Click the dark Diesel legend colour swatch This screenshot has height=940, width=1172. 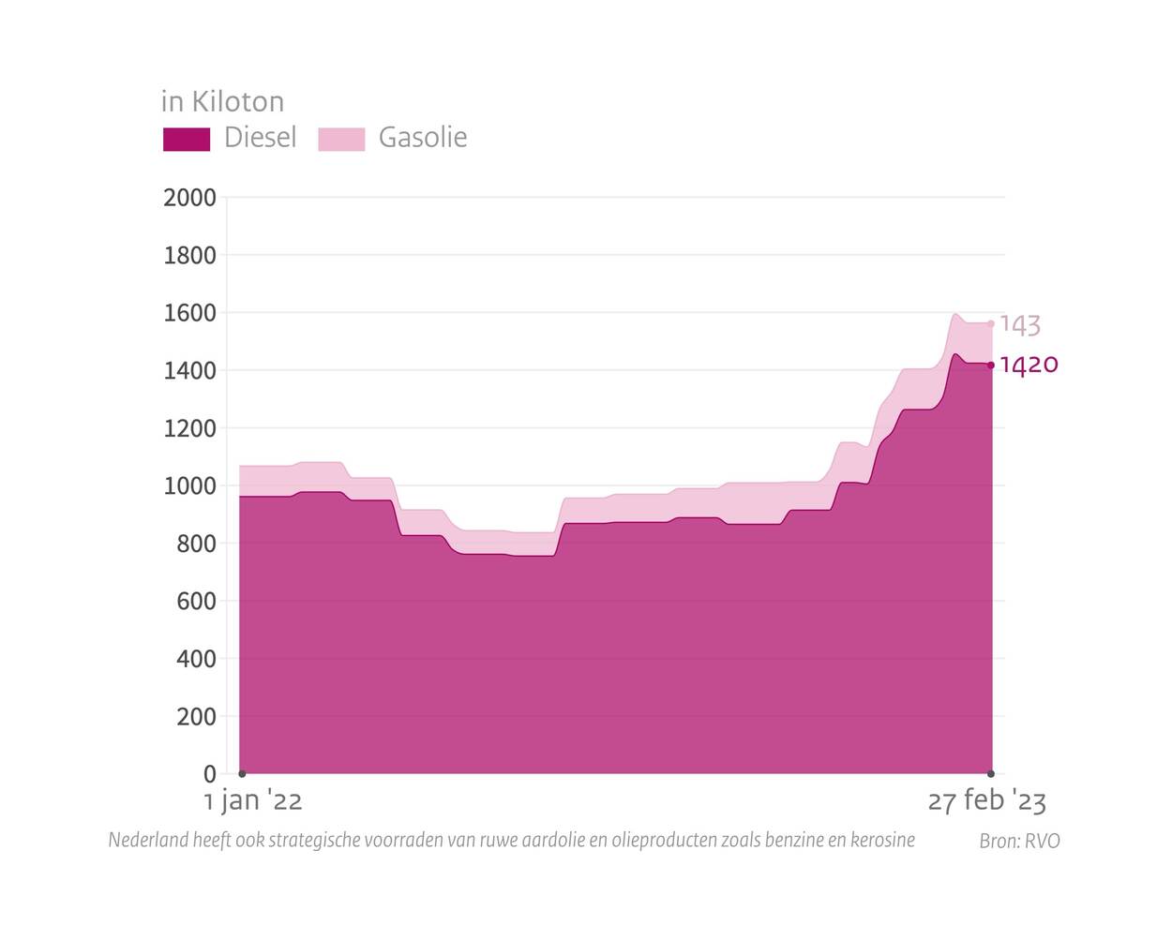pyautogui.click(x=187, y=139)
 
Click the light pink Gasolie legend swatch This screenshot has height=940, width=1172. pyautogui.click(x=341, y=139)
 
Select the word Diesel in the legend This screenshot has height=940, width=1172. pyautogui.click(x=260, y=138)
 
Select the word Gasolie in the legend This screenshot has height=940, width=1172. pyautogui.click(x=422, y=138)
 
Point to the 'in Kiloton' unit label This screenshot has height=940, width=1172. pyautogui.click(x=222, y=101)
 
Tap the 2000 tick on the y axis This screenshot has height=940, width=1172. pyautogui.click(x=189, y=198)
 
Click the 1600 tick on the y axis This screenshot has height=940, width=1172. pyautogui.click(x=189, y=313)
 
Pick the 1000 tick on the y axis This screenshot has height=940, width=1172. pyautogui.click(x=189, y=486)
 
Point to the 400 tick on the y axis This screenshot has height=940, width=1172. pyautogui.click(x=196, y=659)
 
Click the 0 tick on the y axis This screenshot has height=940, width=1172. pyautogui.click(x=209, y=774)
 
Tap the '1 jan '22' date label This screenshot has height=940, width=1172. pyautogui.click(x=253, y=801)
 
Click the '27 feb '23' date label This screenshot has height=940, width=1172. pyautogui.click(x=986, y=801)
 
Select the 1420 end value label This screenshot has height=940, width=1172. pyautogui.click(x=1029, y=365)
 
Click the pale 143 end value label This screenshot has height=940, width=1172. pyautogui.click(x=1020, y=324)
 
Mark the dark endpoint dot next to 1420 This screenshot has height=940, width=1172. pyautogui.click(x=991, y=366)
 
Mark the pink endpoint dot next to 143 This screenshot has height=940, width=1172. pyautogui.click(x=991, y=324)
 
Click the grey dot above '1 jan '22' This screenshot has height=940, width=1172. pyautogui.click(x=242, y=773)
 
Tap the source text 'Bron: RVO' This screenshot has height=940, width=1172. pyautogui.click(x=1019, y=842)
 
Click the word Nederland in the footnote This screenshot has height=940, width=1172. pyautogui.click(x=148, y=840)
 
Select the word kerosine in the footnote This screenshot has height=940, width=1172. pyautogui.click(x=882, y=840)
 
